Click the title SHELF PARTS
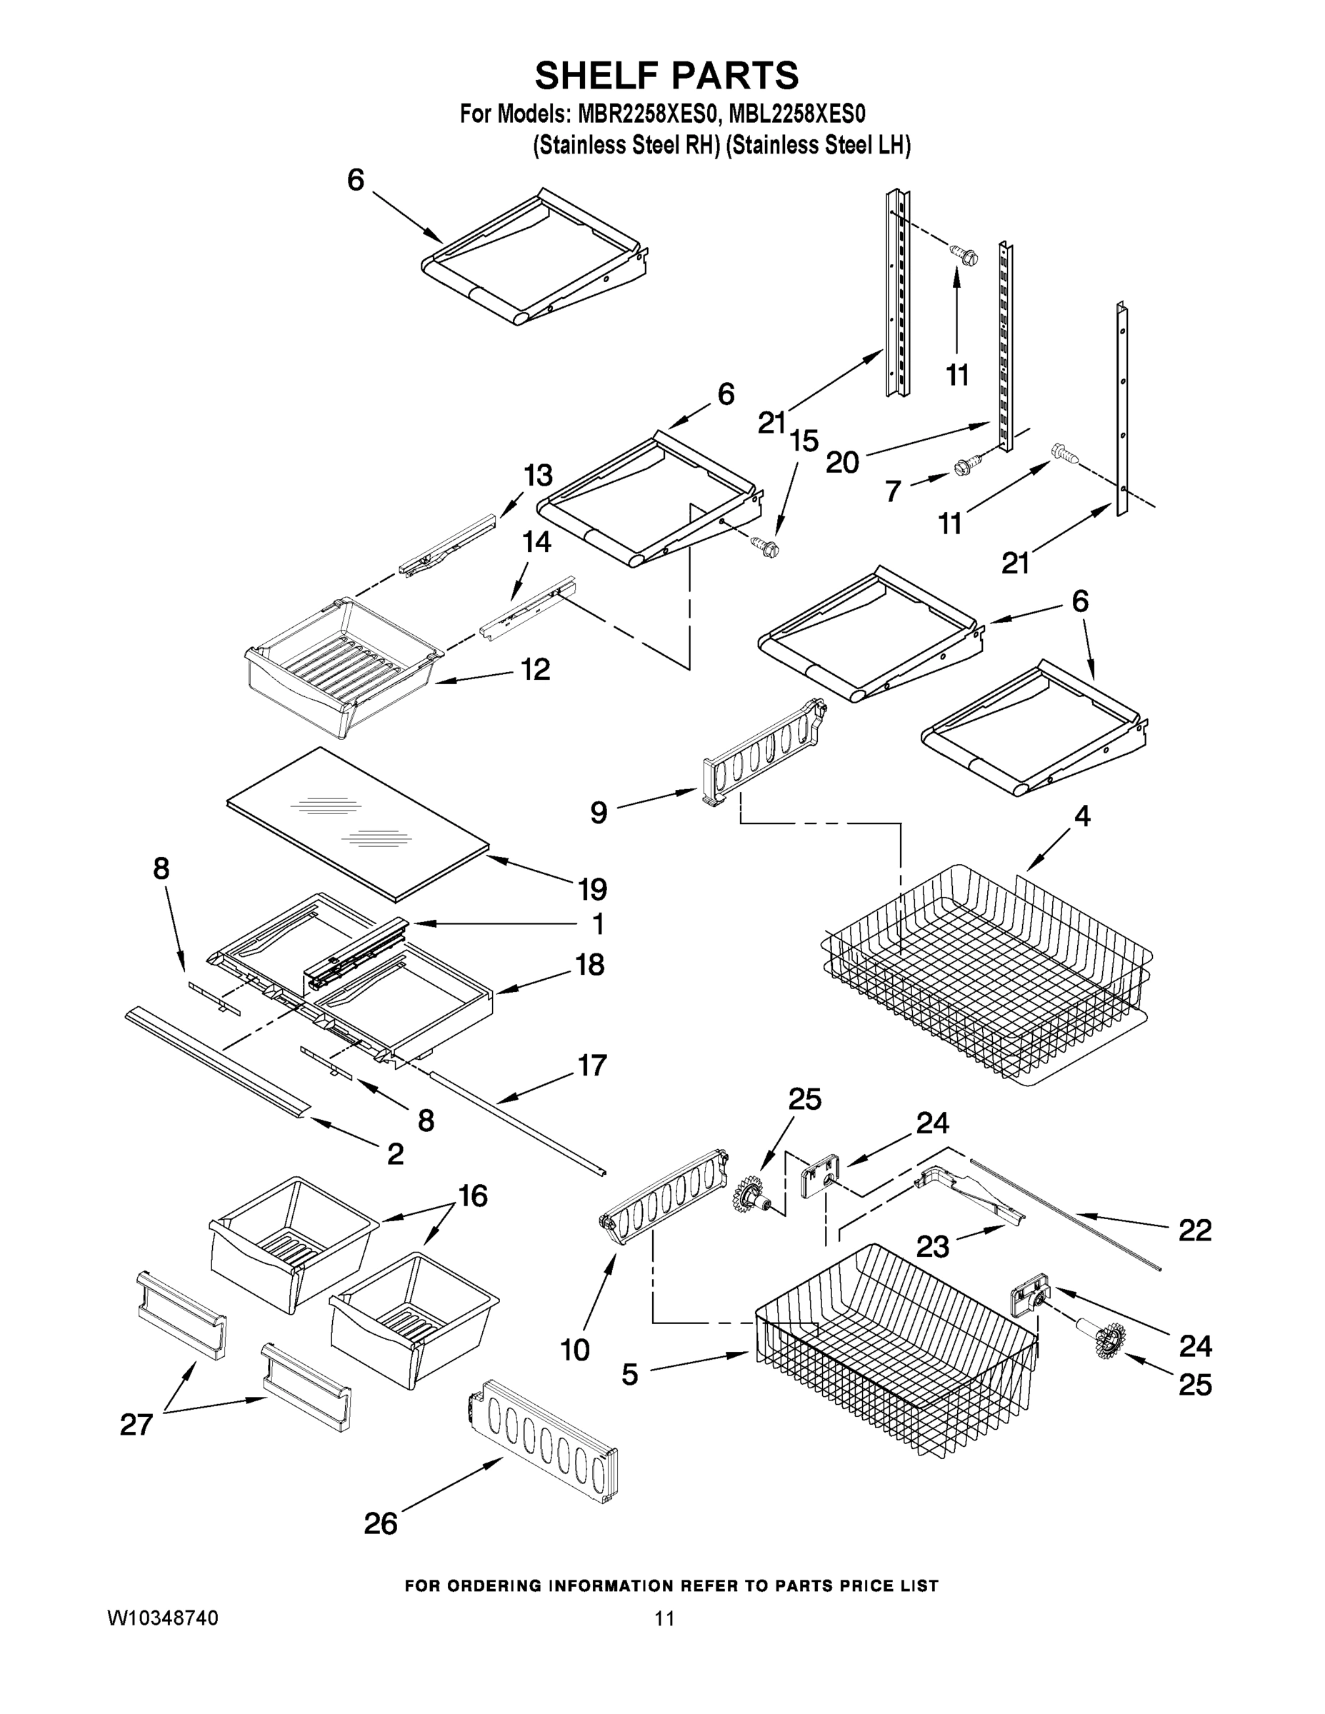[x=666, y=76]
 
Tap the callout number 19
[x=593, y=889]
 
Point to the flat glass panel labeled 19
[x=357, y=820]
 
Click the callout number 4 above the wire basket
[x=1081, y=817]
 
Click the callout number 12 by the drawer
[x=536, y=669]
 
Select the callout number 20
[x=842, y=462]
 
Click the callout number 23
[x=933, y=1246]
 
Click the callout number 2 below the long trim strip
[x=395, y=1153]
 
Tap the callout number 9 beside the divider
[x=599, y=812]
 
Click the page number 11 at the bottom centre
[x=664, y=1618]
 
